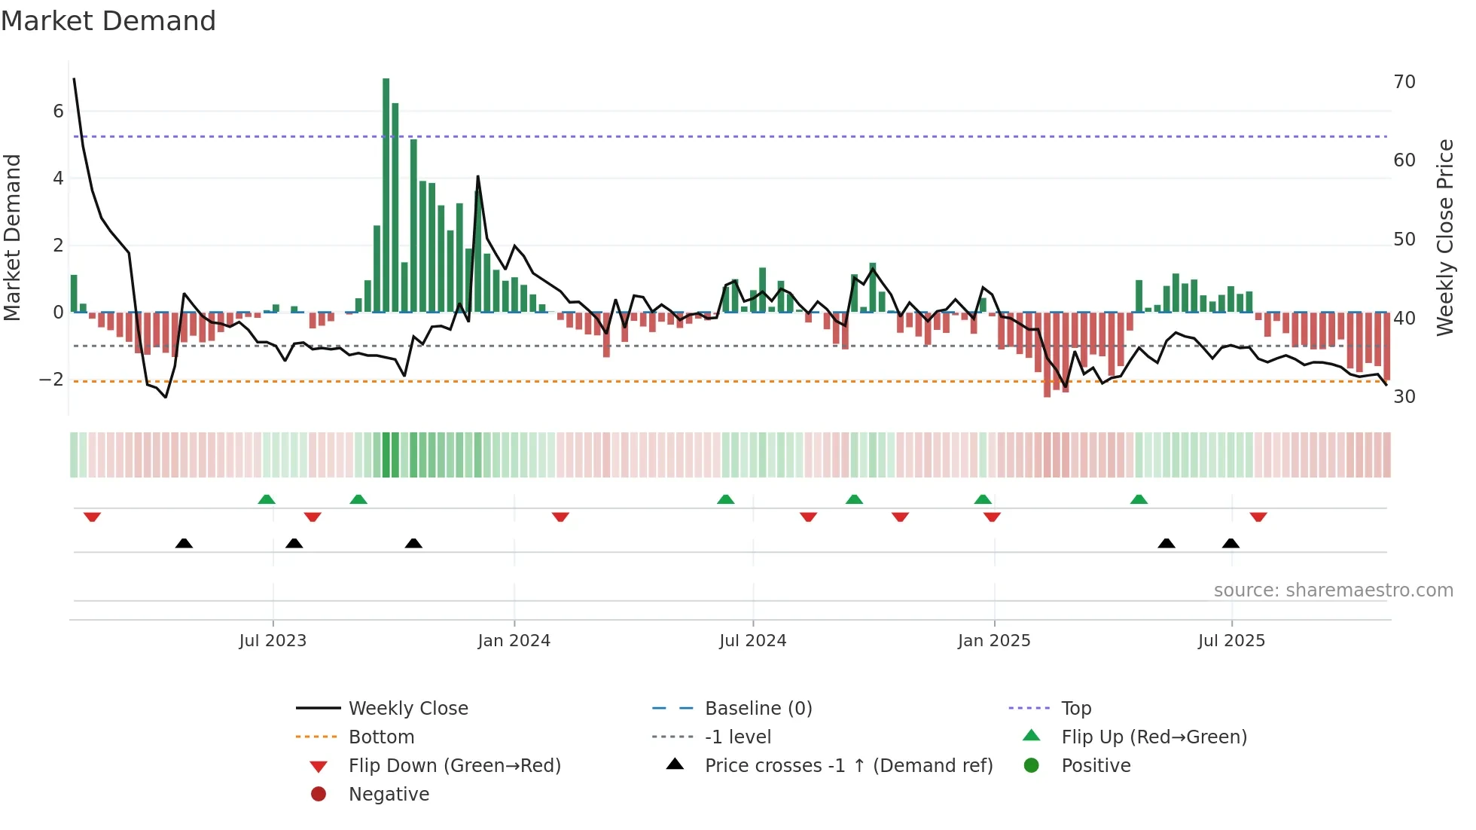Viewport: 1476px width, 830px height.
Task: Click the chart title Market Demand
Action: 108,21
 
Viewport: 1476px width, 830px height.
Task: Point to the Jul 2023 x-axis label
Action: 273,641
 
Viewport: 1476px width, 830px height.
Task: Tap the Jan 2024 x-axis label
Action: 514,641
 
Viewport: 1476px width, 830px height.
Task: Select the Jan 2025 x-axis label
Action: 994,641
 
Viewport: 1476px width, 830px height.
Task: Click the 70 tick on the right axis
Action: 1404,81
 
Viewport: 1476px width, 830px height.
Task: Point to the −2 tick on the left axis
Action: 52,379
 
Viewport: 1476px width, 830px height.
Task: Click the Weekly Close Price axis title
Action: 1444,237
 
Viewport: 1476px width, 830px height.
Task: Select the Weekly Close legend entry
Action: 407,709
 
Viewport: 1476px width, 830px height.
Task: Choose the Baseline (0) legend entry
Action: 758,709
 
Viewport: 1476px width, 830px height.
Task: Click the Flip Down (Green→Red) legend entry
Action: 454,766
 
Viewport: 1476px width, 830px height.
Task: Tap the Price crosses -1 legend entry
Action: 848,766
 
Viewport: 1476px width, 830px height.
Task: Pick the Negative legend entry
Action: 389,795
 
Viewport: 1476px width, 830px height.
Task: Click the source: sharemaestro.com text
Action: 1333,590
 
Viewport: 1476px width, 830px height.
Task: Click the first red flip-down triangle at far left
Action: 93,517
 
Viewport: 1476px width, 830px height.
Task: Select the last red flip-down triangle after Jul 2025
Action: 1258,517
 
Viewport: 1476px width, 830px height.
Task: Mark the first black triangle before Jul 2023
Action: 184,543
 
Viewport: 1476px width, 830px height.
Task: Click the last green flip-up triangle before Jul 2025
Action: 1139,499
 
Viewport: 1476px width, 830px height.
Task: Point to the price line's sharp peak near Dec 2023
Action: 478,177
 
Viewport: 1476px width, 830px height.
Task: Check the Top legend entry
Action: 1075,709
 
